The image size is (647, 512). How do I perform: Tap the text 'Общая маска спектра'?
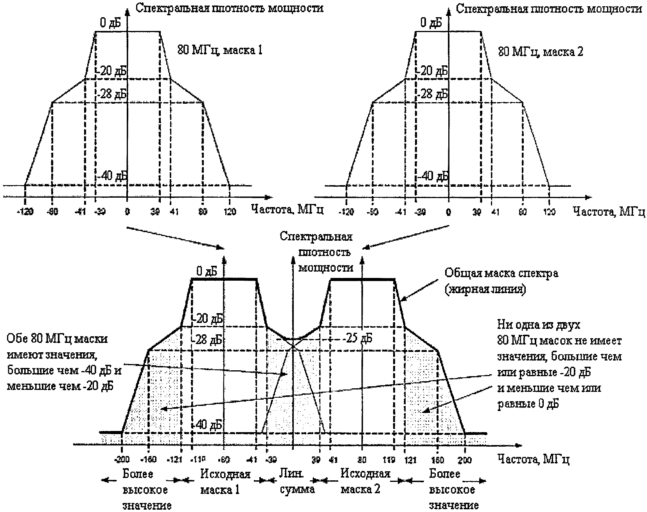(x=502, y=273)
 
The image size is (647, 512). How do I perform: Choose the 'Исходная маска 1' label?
(x=225, y=481)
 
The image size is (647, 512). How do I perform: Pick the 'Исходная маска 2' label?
(x=365, y=481)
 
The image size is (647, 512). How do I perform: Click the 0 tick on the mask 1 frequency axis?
(x=127, y=212)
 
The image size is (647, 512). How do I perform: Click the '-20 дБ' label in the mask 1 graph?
(x=112, y=71)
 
